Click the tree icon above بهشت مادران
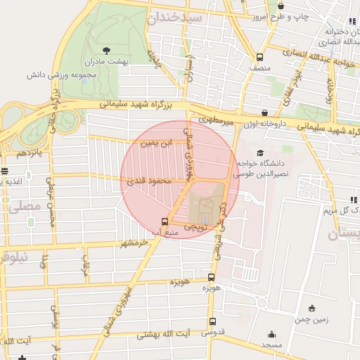coord(106,50)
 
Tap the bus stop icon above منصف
coord(260,58)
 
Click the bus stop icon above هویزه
coord(212,278)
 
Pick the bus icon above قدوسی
coord(212,322)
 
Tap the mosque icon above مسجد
coord(271,334)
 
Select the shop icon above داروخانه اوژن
coord(264,112)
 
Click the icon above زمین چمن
coord(312,307)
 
